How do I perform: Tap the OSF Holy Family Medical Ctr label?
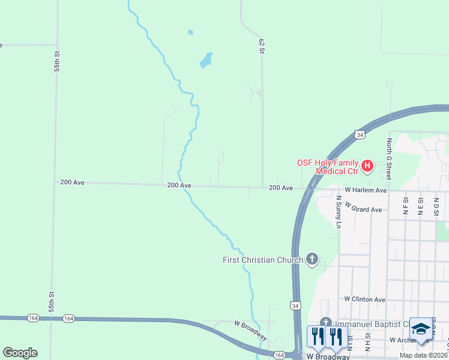coord(328,167)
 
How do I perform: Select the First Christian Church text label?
coord(262,260)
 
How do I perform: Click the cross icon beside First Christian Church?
coord(312,259)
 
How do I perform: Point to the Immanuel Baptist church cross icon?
coord(326,323)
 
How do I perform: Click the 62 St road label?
coord(262,46)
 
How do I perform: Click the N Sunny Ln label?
coord(339,212)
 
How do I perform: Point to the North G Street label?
coord(389,158)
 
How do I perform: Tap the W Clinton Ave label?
coord(364,299)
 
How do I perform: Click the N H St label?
coord(368,343)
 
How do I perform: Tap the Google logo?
coord(20,352)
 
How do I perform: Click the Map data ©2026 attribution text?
coord(423,355)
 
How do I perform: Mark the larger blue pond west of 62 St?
coord(206,60)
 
